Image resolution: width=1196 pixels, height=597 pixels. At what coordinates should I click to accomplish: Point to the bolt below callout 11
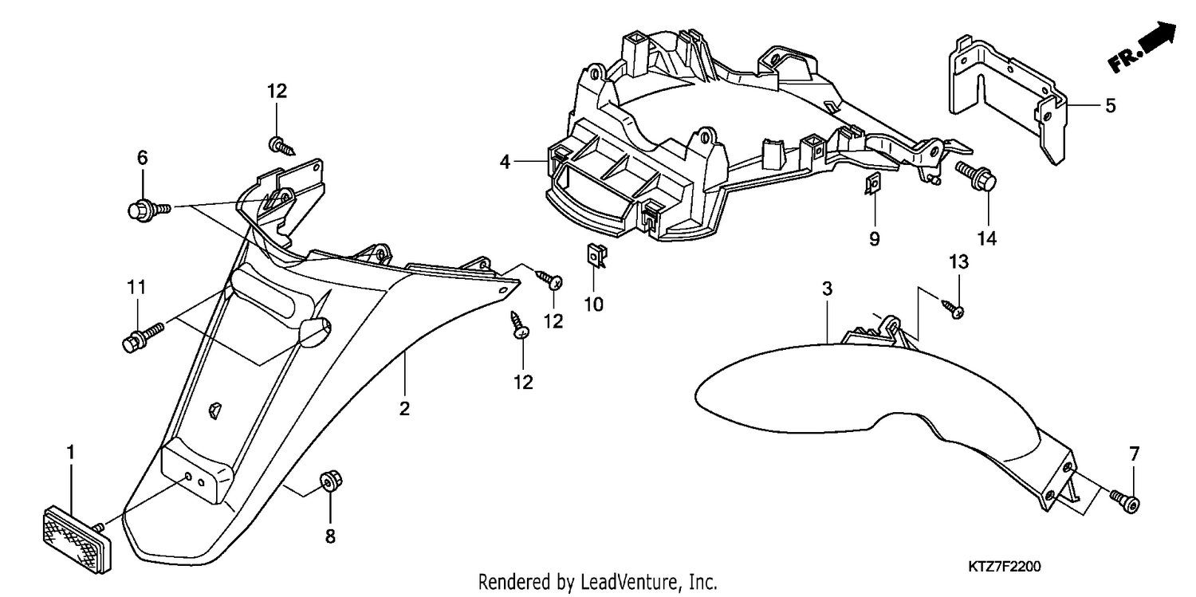tap(143, 336)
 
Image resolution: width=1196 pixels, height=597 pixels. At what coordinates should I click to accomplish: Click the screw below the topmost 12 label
tap(281, 146)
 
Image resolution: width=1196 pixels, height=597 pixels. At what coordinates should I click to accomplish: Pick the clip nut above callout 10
tap(596, 255)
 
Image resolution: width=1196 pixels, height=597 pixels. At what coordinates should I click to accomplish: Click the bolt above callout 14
tap(975, 177)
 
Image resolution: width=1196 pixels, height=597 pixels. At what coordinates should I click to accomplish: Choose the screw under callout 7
tap(1125, 501)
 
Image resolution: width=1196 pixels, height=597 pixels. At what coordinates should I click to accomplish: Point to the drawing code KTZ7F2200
tap(1005, 566)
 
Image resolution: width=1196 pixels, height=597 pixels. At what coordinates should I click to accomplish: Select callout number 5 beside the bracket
tap(1111, 106)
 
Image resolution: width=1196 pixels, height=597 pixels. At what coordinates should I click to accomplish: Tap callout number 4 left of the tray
tap(505, 161)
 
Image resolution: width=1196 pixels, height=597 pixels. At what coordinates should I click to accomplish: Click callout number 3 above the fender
tap(827, 289)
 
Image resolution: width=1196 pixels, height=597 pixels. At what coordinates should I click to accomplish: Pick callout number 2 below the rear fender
tap(405, 408)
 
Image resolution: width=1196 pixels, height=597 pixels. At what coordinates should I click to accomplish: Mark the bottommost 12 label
tap(523, 382)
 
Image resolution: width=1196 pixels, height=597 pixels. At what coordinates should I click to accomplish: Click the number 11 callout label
tap(136, 287)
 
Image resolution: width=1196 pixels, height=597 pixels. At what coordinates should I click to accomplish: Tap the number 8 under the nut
tap(331, 536)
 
